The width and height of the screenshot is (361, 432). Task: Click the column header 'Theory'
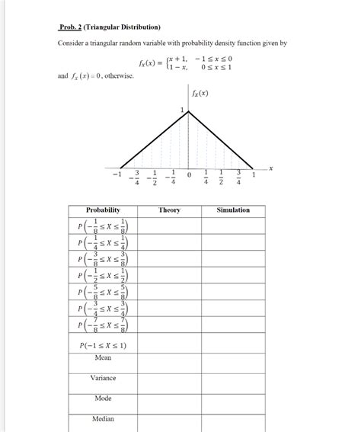(x=169, y=210)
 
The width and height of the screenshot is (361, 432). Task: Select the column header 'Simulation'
(x=232, y=210)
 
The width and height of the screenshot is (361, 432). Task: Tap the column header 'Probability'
(x=103, y=210)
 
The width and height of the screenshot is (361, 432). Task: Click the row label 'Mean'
(x=103, y=357)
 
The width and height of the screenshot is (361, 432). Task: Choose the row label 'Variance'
(x=103, y=378)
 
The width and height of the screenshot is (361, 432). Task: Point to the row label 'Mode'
(x=103, y=398)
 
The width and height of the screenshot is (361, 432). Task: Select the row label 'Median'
(x=103, y=419)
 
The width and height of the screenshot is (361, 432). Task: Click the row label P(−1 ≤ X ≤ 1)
(x=103, y=344)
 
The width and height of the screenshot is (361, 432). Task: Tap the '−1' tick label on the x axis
(x=116, y=175)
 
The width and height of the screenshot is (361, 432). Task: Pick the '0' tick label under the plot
(x=189, y=177)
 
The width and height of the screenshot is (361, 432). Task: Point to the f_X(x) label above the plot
(x=200, y=94)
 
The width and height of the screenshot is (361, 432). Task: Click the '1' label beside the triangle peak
(x=183, y=111)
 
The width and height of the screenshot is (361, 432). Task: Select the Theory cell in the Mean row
(x=169, y=363)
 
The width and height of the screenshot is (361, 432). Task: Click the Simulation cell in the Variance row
(x=232, y=383)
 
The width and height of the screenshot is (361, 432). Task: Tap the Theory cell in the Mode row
(x=169, y=404)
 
